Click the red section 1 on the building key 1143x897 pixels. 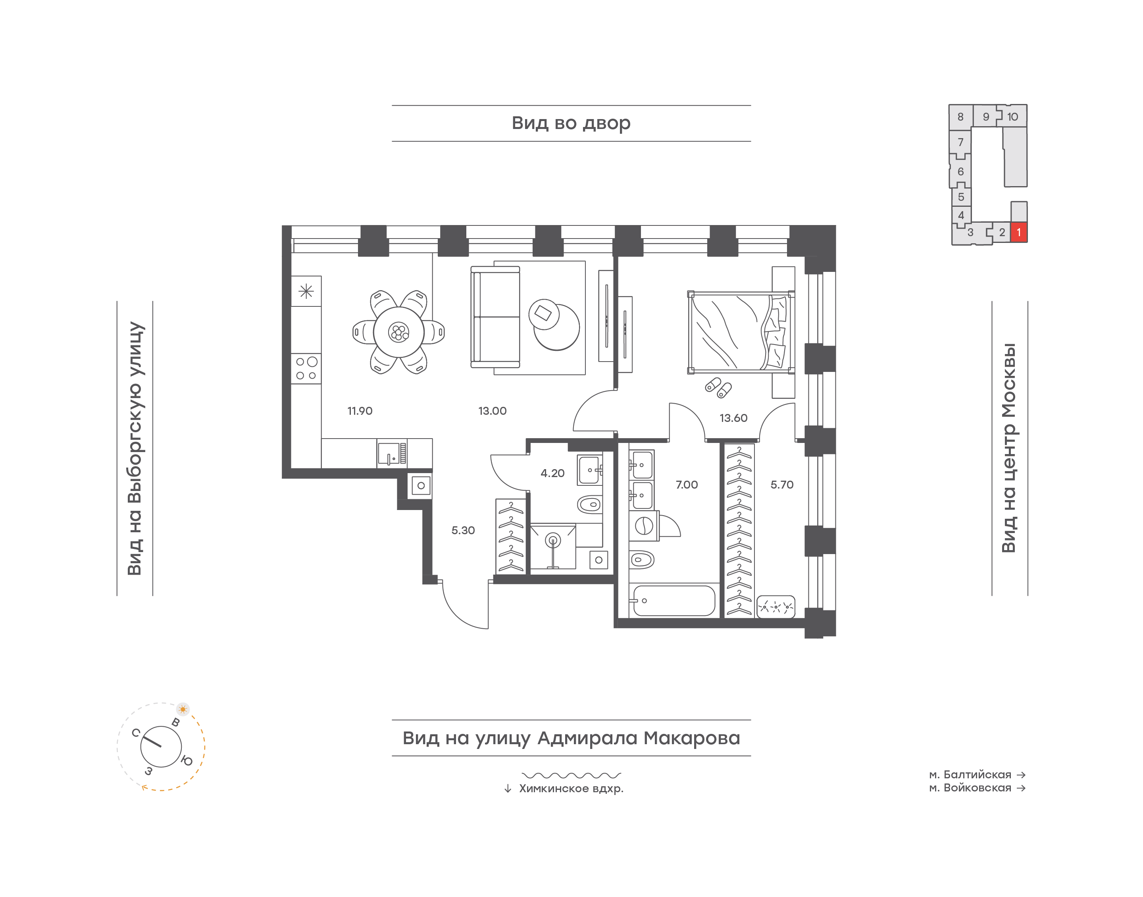pos(1018,232)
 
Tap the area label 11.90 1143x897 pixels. pos(360,411)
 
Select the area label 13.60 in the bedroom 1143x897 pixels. pos(733,418)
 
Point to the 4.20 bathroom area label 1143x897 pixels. pos(552,473)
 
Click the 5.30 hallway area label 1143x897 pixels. pos(462,530)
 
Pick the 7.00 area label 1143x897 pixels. pos(686,485)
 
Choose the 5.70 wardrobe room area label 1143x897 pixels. pos(782,485)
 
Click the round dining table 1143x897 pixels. pos(398,332)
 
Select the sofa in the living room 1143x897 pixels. pos(495,317)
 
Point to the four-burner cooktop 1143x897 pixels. pos(306,368)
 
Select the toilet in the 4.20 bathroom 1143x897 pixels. pos(590,505)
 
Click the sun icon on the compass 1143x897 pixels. pos(183,710)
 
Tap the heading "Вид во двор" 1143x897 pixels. pos(571,123)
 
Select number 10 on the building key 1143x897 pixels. pos(1012,117)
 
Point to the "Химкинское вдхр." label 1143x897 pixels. pos(571,789)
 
